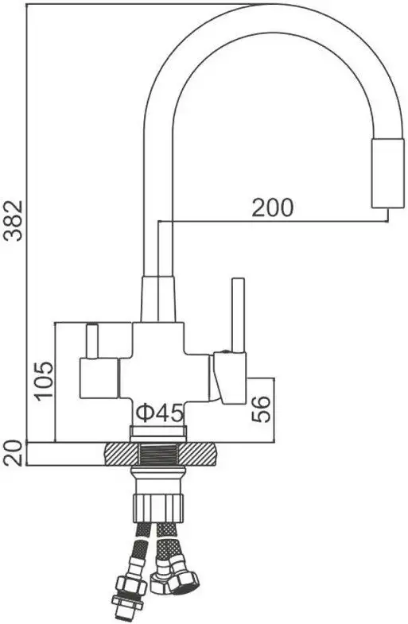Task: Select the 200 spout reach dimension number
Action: tap(273, 207)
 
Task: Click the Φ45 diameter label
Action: tap(160, 413)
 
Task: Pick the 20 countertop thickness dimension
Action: tap(12, 455)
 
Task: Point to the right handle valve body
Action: tap(227, 378)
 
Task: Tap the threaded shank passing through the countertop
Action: tap(159, 455)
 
